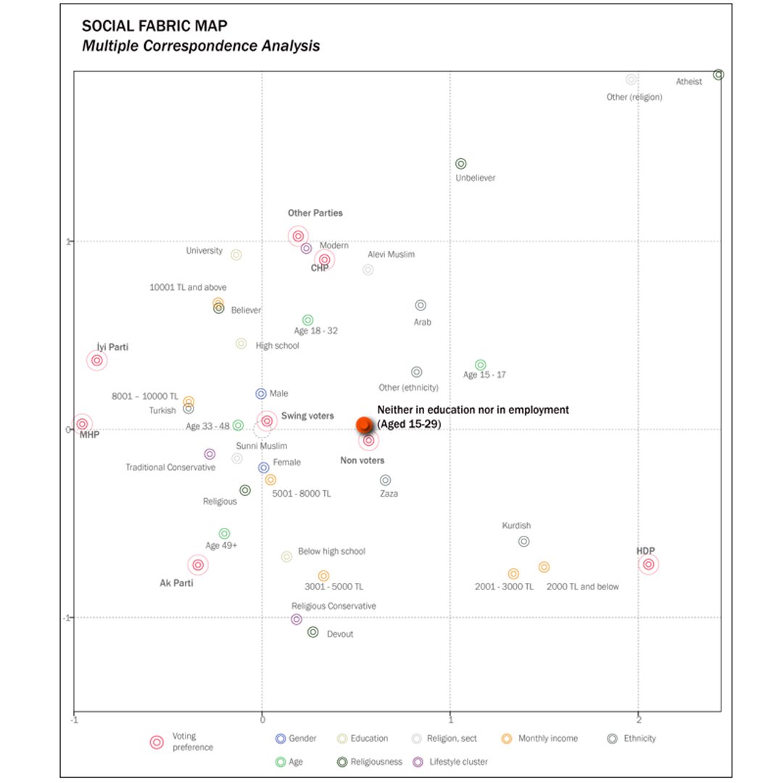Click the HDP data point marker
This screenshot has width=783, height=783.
(648, 564)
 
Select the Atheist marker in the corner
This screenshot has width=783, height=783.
(718, 75)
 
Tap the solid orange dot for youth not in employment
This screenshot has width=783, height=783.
(364, 425)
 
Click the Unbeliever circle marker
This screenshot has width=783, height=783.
(460, 164)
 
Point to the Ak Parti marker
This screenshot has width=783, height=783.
(197, 565)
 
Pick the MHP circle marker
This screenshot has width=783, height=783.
(82, 424)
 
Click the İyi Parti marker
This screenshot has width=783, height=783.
(96, 360)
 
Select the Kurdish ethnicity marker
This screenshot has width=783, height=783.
(523, 541)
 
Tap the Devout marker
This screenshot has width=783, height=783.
(313, 632)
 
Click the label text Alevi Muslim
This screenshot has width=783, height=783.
(391, 254)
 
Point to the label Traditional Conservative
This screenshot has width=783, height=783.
(170, 468)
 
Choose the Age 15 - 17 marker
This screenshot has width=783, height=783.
(480, 365)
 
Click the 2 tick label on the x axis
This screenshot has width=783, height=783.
(638, 721)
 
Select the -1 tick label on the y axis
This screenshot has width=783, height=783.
(67, 618)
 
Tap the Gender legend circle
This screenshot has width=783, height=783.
(280, 739)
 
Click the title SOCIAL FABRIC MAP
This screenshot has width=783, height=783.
(154, 27)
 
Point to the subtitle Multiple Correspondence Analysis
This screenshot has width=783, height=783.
(201, 46)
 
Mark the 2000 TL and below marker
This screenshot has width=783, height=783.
(544, 567)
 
